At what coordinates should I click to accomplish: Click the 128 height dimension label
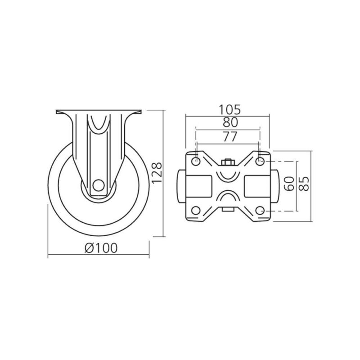[157, 173]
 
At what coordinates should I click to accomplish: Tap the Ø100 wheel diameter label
[101, 248]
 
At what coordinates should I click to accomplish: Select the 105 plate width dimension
[229, 109]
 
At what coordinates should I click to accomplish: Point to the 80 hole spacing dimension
[230, 122]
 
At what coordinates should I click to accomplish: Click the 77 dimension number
[230, 137]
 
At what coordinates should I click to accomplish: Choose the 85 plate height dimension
[305, 184]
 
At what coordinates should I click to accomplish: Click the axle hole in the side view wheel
[99, 185]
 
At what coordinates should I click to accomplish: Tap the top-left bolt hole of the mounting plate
[196, 161]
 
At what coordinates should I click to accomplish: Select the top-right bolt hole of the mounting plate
[260, 161]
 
